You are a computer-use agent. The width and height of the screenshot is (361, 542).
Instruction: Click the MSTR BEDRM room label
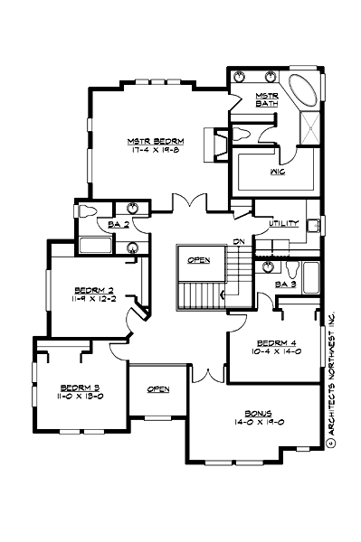tap(156, 142)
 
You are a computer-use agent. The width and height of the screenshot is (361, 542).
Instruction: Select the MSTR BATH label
tap(267, 99)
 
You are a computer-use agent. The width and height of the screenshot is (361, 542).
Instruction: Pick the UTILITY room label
tap(271, 221)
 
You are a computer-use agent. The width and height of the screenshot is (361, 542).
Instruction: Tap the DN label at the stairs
tap(238, 242)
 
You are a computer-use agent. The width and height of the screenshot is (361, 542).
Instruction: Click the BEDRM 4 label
tap(274, 343)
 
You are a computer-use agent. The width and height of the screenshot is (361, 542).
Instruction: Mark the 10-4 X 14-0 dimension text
tap(274, 352)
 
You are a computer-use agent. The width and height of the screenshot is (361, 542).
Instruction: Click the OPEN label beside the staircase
tap(199, 260)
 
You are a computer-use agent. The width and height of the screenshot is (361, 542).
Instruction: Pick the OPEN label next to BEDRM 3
tap(158, 389)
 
